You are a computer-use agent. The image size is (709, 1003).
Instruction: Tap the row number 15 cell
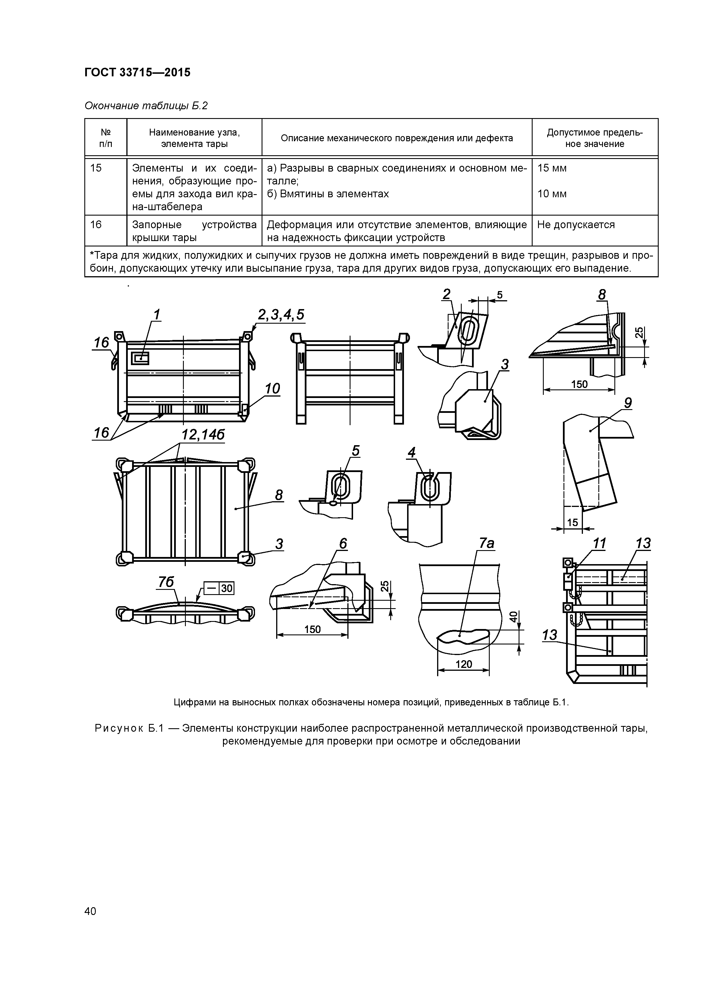point(96,168)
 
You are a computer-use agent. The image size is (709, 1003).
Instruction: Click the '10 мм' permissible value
point(552,194)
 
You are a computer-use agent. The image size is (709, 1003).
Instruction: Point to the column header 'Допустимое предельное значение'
point(595,138)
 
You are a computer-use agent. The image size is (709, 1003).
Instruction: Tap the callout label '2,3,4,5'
point(281,315)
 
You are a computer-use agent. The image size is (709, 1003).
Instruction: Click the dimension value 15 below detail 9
point(572,522)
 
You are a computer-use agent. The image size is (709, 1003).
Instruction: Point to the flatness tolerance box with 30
point(219,589)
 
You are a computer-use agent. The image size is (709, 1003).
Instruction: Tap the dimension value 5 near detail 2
point(500,295)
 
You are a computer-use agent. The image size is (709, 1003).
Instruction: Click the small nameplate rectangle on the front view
point(140,359)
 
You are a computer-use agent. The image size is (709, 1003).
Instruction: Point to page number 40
point(90,911)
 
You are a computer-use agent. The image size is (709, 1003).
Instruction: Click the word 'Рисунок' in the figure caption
point(120,729)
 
